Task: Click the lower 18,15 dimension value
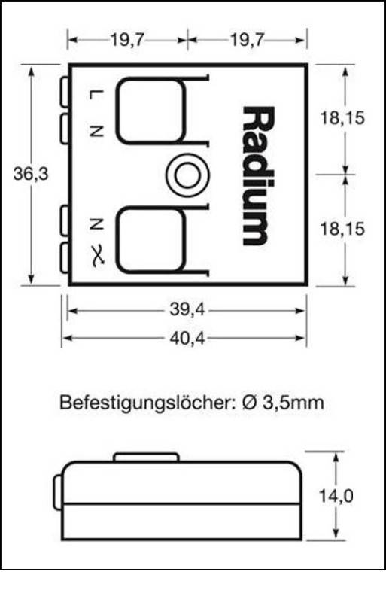pos(344,229)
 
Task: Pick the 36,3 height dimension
pos(31,174)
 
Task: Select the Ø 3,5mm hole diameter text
pos(283,403)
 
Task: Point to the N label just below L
pos(96,130)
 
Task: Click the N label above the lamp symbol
pos(96,223)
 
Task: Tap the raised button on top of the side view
pos(146,457)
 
